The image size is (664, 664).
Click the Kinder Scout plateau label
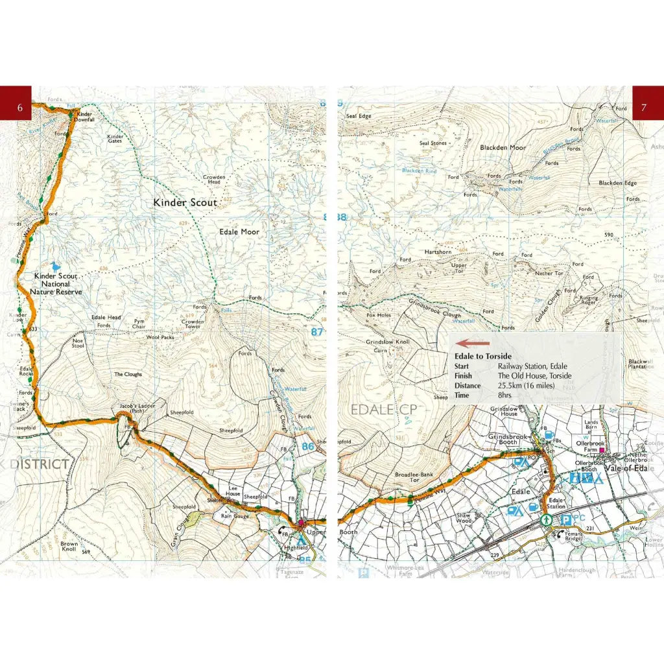pyautogui.click(x=185, y=203)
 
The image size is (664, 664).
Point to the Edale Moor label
pyautogui.click(x=239, y=231)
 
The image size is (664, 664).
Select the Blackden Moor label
pyautogui.click(x=503, y=148)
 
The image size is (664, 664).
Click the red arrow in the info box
pyautogui.click(x=473, y=344)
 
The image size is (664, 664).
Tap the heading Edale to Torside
pyautogui.click(x=483, y=357)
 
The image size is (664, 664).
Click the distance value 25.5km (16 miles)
pyautogui.click(x=531, y=386)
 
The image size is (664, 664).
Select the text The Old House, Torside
pyautogui.click(x=534, y=376)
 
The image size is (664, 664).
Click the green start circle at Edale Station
pyautogui.click(x=545, y=519)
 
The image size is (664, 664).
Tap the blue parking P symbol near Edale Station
pyautogui.click(x=566, y=519)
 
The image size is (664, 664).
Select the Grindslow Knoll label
pyautogui.click(x=388, y=342)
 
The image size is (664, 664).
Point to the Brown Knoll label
pyautogui.click(x=69, y=547)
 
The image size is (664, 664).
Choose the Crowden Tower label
pyautogui.click(x=193, y=324)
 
